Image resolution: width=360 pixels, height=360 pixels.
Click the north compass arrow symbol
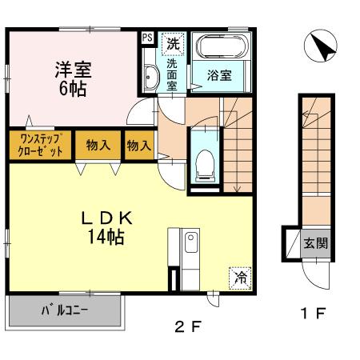click(321, 46)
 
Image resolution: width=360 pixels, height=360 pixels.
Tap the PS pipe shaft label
click(147, 38)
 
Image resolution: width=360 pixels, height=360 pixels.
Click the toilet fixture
click(205, 166)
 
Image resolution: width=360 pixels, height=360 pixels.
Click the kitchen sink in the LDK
click(191, 242)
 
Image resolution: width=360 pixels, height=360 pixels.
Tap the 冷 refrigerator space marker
click(240, 278)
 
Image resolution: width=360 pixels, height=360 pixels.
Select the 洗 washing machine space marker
click(174, 44)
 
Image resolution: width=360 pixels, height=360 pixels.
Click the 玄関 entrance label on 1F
click(316, 243)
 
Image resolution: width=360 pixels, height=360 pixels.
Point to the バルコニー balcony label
click(65, 310)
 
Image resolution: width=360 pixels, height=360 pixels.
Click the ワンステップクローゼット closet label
click(41, 146)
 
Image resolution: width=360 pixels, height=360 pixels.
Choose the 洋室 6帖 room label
click(73, 79)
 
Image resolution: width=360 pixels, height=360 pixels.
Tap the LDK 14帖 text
click(106, 227)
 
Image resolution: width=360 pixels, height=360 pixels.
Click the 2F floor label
click(188, 326)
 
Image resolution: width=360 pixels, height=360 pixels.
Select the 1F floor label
click(314, 314)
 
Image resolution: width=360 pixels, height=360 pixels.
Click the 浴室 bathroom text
click(219, 75)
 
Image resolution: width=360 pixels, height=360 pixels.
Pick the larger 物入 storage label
click(98, 146)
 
